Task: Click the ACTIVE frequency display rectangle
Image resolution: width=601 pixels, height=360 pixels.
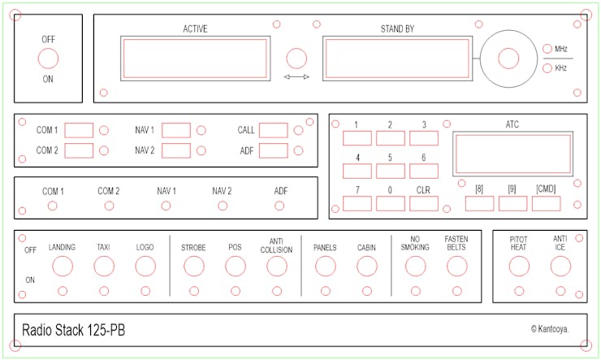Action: [195, 59]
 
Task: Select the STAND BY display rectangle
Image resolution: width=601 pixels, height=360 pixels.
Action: [396, 59]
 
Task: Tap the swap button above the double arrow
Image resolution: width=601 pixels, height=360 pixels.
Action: [297, 59]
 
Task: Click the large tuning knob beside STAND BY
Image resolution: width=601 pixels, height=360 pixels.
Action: [508, 59]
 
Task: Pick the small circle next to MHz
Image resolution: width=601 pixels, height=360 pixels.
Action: [547, 49]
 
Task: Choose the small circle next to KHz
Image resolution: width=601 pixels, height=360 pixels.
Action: [547, 68]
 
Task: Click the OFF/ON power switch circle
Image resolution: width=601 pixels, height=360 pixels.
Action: [48, 59]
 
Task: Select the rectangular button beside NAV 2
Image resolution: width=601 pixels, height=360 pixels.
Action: [175, 150]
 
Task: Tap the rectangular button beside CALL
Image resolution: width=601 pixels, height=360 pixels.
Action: [273, 130]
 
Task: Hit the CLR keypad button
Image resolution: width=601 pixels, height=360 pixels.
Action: [423, 203]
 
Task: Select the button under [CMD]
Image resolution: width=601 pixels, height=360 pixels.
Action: [546, 203]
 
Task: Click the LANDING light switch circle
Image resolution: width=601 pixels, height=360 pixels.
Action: [63, 266]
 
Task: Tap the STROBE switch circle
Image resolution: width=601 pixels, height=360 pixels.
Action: [193, 266]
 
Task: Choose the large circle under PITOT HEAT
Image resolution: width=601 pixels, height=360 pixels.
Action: [519, 266]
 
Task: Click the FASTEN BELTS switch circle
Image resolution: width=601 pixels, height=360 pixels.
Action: [456, 266]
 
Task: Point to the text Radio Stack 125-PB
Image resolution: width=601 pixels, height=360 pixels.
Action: [73, 330]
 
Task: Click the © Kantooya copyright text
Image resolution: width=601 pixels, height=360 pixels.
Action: [549, 329]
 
